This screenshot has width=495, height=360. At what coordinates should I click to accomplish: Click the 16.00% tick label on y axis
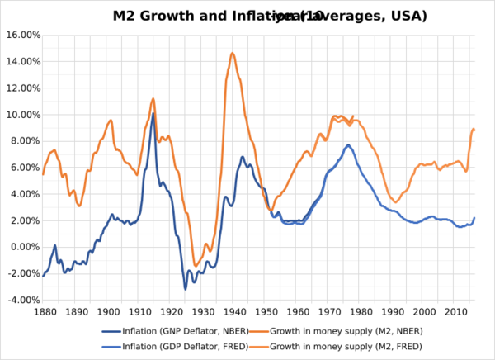click(19, 35)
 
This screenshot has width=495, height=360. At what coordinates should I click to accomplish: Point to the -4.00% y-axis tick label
click(19, 300)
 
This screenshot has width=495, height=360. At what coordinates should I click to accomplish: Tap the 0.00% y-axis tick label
click(21, 247)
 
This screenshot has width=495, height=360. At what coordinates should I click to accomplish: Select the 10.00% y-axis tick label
click(19, 114)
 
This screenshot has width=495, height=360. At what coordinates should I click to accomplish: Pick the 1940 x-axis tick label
click(235, 311)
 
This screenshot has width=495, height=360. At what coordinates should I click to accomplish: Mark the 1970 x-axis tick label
click(331, 311)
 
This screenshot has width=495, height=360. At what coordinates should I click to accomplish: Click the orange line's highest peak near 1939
click(233, 54)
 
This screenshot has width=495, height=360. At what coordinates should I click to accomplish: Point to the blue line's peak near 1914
click(153, 113)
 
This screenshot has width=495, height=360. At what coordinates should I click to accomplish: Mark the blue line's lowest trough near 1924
click(186, 288)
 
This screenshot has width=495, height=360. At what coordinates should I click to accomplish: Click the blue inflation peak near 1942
click(243, 157)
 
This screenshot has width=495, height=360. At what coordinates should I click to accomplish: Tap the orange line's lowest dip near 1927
click(196, 266)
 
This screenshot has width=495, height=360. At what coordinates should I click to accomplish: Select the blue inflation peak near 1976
click(348, 145)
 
